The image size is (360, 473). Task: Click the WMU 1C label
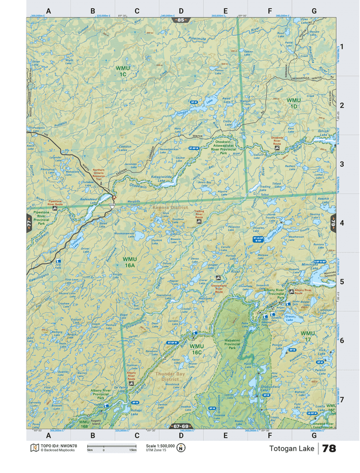pos(122,71)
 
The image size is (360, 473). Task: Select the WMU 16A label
pos(129,262)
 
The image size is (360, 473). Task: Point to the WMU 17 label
pos(308,336)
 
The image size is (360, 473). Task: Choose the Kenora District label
pos(170,208)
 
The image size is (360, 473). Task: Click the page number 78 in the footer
pos(329,448)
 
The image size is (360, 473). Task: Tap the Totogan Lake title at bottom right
pos(291,448)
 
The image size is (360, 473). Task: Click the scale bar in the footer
pos(112,447)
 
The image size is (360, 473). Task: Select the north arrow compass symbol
pos(180,448)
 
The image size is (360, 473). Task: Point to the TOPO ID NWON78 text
pos(58,445)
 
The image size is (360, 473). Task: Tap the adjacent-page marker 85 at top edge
pos(180,20)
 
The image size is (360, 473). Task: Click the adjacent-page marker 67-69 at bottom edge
pos(180,426)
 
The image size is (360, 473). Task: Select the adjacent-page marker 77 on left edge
pos(29,223)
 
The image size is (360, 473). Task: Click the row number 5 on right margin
pos(341,281)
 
